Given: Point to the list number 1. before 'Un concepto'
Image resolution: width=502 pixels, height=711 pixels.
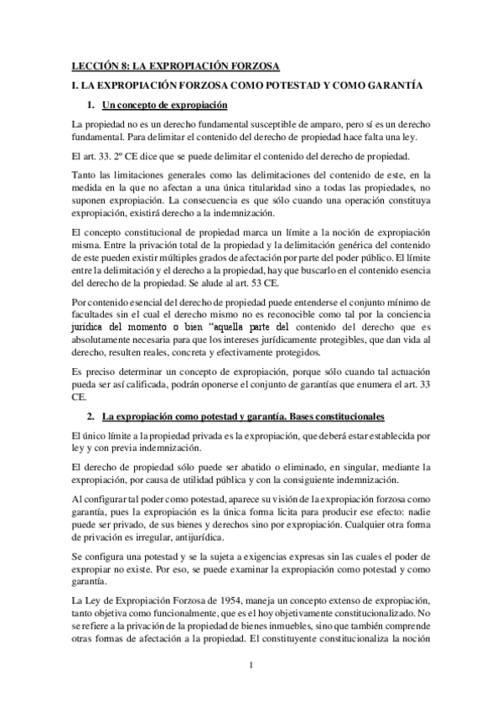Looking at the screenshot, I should click(91, 105).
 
